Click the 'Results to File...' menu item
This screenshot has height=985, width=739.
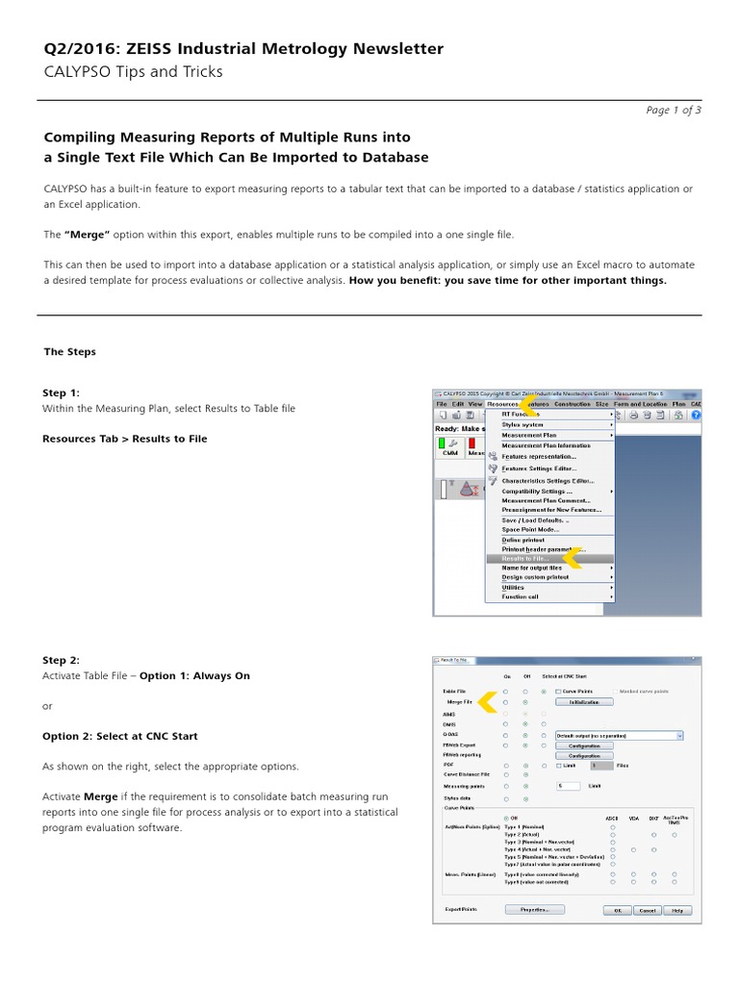pos(525,558)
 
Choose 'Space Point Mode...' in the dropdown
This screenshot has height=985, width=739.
pos(529,530)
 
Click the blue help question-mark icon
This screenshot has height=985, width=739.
pos(695,415)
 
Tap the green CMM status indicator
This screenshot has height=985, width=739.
pos(443,442)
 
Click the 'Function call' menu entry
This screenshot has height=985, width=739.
pos(521,596)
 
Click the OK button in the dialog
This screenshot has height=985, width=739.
pos(616,909)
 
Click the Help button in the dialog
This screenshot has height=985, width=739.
pos(677,909)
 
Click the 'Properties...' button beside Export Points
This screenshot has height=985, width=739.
pos(533,908)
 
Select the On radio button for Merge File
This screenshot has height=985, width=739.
pos(505,703)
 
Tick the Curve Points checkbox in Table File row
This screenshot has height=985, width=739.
pos(558,692)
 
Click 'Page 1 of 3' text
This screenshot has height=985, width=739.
pos(673,110)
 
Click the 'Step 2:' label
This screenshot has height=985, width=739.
pos(61,660)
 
